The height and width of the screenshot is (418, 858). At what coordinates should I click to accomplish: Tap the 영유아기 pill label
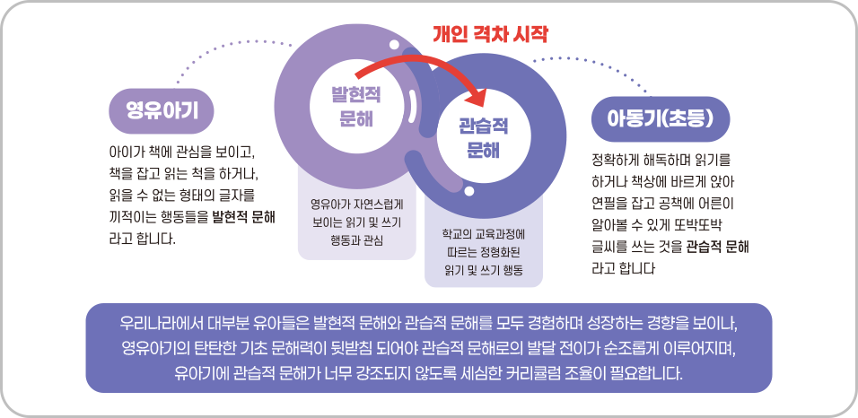pyautogui.click(x=162, y=110)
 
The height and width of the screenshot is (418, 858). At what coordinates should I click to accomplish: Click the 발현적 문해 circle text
pyautogui.click(x=352, y=107)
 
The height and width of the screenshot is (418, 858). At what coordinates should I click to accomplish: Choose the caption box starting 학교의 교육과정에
pyautogui.click(x=483, y=251)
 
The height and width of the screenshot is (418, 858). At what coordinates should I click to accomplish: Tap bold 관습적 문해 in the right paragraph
pyautogui.click(x=718, y=245)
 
